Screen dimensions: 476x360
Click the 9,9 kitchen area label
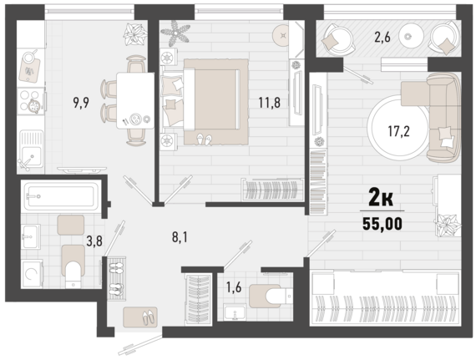click(81, 103)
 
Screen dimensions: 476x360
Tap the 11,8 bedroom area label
click(269, 102)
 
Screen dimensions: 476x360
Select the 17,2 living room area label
click(398, 131)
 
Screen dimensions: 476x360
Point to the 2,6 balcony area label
click(382, 38)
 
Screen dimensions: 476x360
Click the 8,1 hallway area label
click(180, 237)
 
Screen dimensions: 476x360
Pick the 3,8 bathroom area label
click(94, 241)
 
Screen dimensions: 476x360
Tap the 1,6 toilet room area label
click(234, 286)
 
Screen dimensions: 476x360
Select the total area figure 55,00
click(382, 224)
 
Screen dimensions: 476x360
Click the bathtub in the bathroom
click(61, 196)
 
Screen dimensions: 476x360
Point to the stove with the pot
click(30, 101)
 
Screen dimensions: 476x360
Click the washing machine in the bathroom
click(32, 274)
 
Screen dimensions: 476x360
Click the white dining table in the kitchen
click(135, 100)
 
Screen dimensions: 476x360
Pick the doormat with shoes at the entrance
click(140, 317)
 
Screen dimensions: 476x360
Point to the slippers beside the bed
click(204, 139)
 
